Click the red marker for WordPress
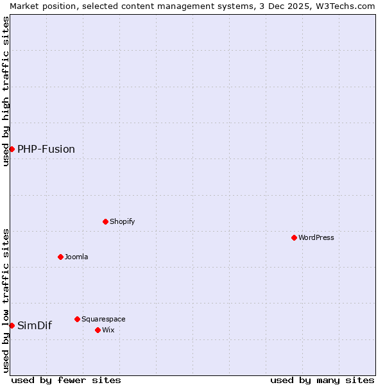tap(294, 237)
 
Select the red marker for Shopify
tap(105, 221)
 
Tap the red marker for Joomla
tap(60, 257)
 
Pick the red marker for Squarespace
tap(77, 319)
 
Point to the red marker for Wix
tap(98, 330)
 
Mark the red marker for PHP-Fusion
tap(12, 149)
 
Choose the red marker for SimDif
tap(12, 325)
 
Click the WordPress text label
tap(316, 237)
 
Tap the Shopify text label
tap(123, 221)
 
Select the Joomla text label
tap(76, 257)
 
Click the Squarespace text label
tap(103, 319)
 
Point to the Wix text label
tap(108, 330)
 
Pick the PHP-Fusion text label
tap(46, 150)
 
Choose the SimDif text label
tap(35, 325)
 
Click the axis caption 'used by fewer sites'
tap(66, 380)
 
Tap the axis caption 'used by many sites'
tap(322, 380)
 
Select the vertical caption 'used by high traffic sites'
tap(6, 91)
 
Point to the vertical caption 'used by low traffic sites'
tap(6, 300)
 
